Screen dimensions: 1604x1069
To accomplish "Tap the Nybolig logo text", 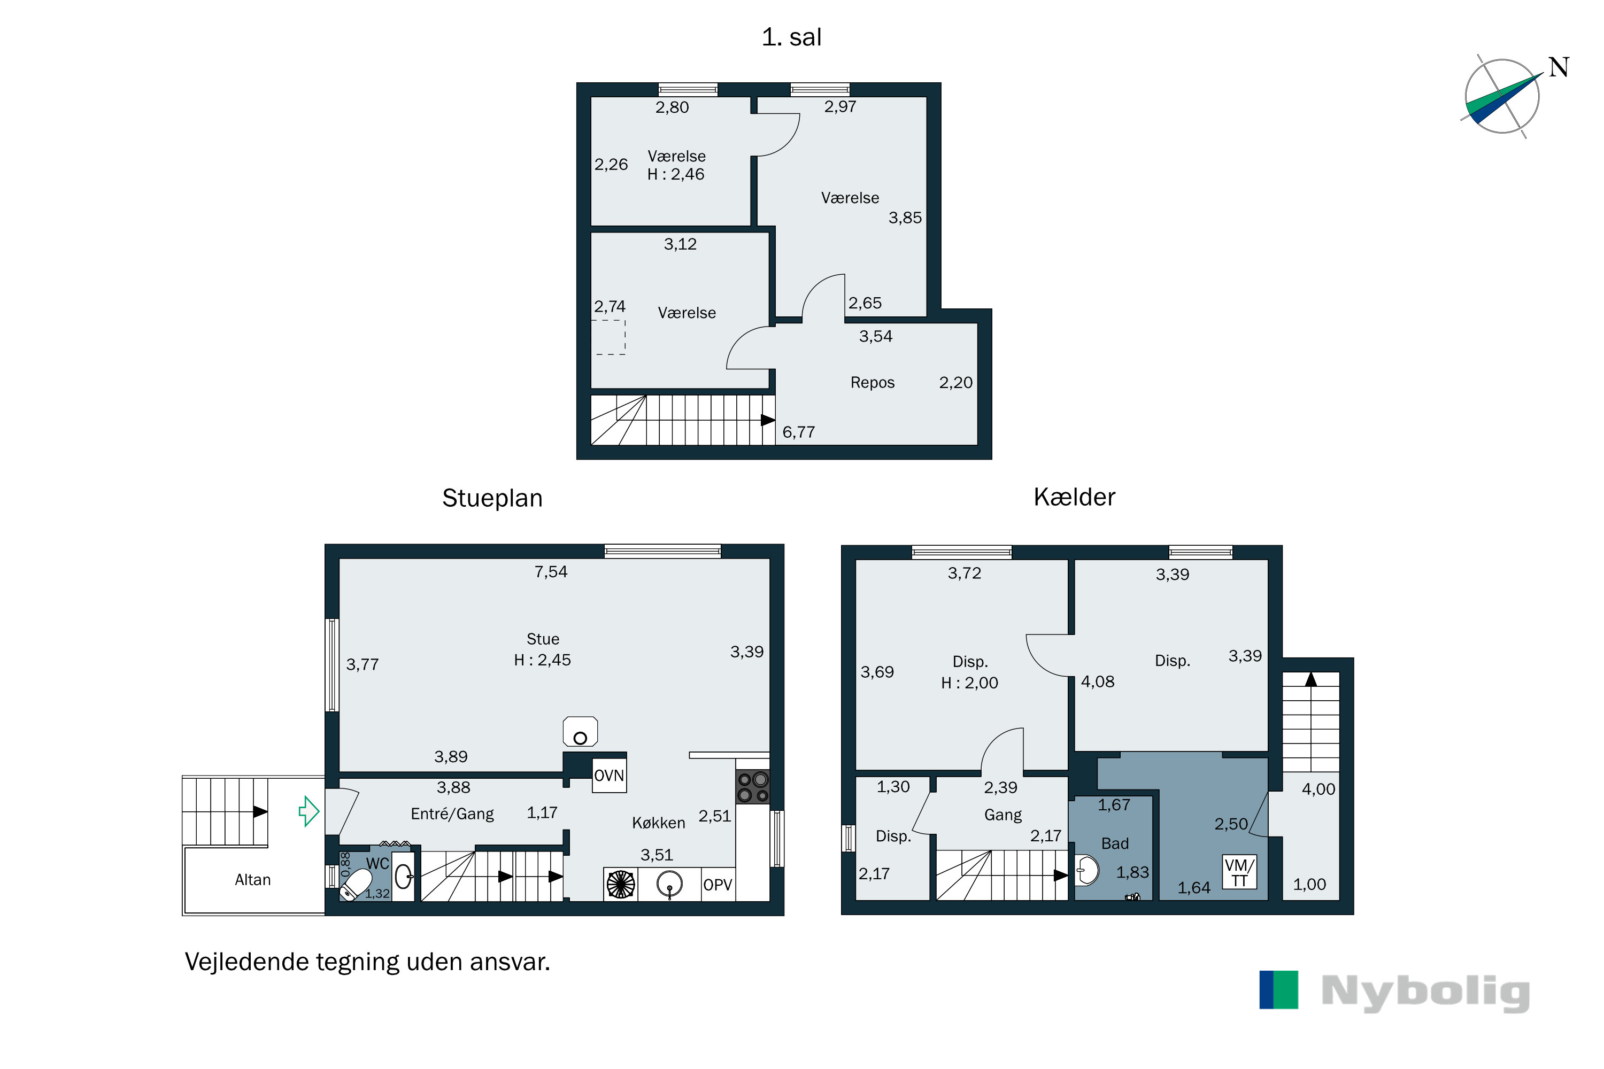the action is [1425, 992].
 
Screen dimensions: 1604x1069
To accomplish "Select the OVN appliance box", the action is [609, 774].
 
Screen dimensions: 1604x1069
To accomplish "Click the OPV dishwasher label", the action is [718, 885].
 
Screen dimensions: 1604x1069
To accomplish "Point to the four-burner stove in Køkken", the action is [753, 787].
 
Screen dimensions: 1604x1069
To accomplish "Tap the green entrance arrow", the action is [310, 811].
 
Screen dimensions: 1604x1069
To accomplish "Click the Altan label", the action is [252, 880].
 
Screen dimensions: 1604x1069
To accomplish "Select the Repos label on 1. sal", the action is [872, 383].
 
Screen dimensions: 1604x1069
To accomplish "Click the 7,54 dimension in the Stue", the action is [550, 572].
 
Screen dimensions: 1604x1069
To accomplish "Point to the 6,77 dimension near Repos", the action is [799, 432].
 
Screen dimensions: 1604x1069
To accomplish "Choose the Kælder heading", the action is [1074, 497].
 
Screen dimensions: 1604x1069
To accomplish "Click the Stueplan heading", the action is [492, 498].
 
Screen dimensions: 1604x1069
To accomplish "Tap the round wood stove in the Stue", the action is [580, 732].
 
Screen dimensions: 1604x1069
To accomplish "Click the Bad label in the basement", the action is [1115, 844].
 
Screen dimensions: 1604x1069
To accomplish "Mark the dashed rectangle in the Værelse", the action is [611, 337].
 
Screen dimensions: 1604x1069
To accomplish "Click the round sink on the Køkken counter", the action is [670, 884].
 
